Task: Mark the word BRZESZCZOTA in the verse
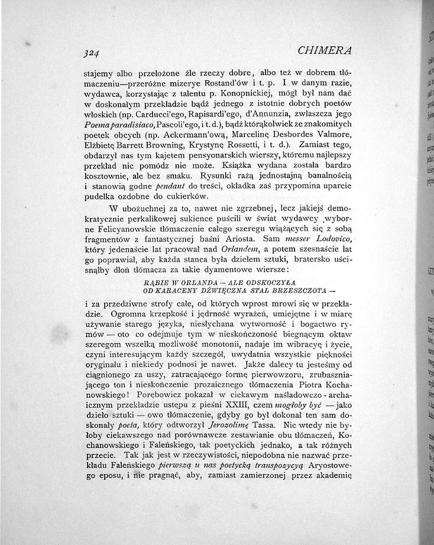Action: [x=296, y=291]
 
